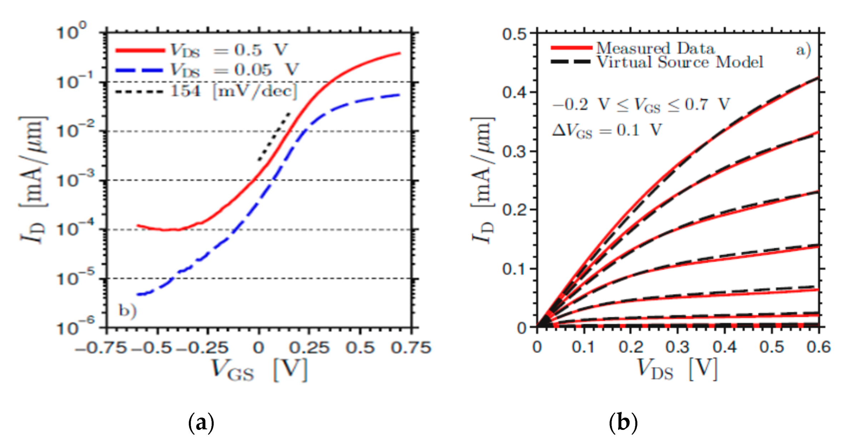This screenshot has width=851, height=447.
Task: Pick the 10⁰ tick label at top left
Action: (x=71, y=31)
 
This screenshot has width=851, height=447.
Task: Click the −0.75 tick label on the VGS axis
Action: (x=101, y=347)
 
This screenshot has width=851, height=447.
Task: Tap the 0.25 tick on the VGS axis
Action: (x=309, y=347)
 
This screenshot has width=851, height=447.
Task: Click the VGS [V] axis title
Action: (x=259, y=370)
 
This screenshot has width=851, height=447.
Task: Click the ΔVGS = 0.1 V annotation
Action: (x=607, y=130)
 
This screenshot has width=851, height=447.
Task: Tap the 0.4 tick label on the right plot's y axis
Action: (x=515, y=92)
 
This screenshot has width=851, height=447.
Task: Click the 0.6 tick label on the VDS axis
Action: (x=818, y=347)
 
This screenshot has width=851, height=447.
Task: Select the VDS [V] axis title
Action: (x=677, y=369)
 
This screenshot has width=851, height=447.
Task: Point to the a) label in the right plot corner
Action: (x=803, y=50)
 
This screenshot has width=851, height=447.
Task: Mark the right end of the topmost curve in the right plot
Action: (x=818, y=77)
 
